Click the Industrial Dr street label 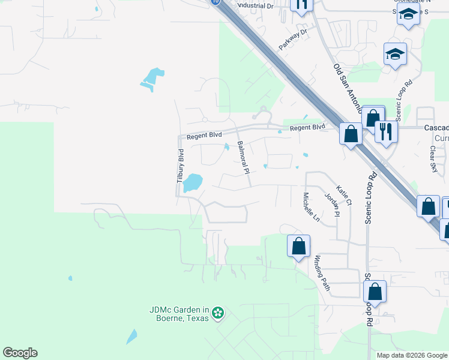pos(255,5)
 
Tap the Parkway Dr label pos(292,40)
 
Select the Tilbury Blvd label pos(180,166)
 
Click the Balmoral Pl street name pos(243,157)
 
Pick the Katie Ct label pos(344,195)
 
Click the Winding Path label pos(322,272)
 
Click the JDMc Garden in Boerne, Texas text pos(179,314)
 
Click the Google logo pos(20,353)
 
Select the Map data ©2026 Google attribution pos(411,355)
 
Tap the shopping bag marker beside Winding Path pos(298,246)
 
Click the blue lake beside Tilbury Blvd pos(191,182)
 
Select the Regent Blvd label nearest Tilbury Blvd pos(205,136)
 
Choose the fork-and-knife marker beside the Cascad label pos(386,130)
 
